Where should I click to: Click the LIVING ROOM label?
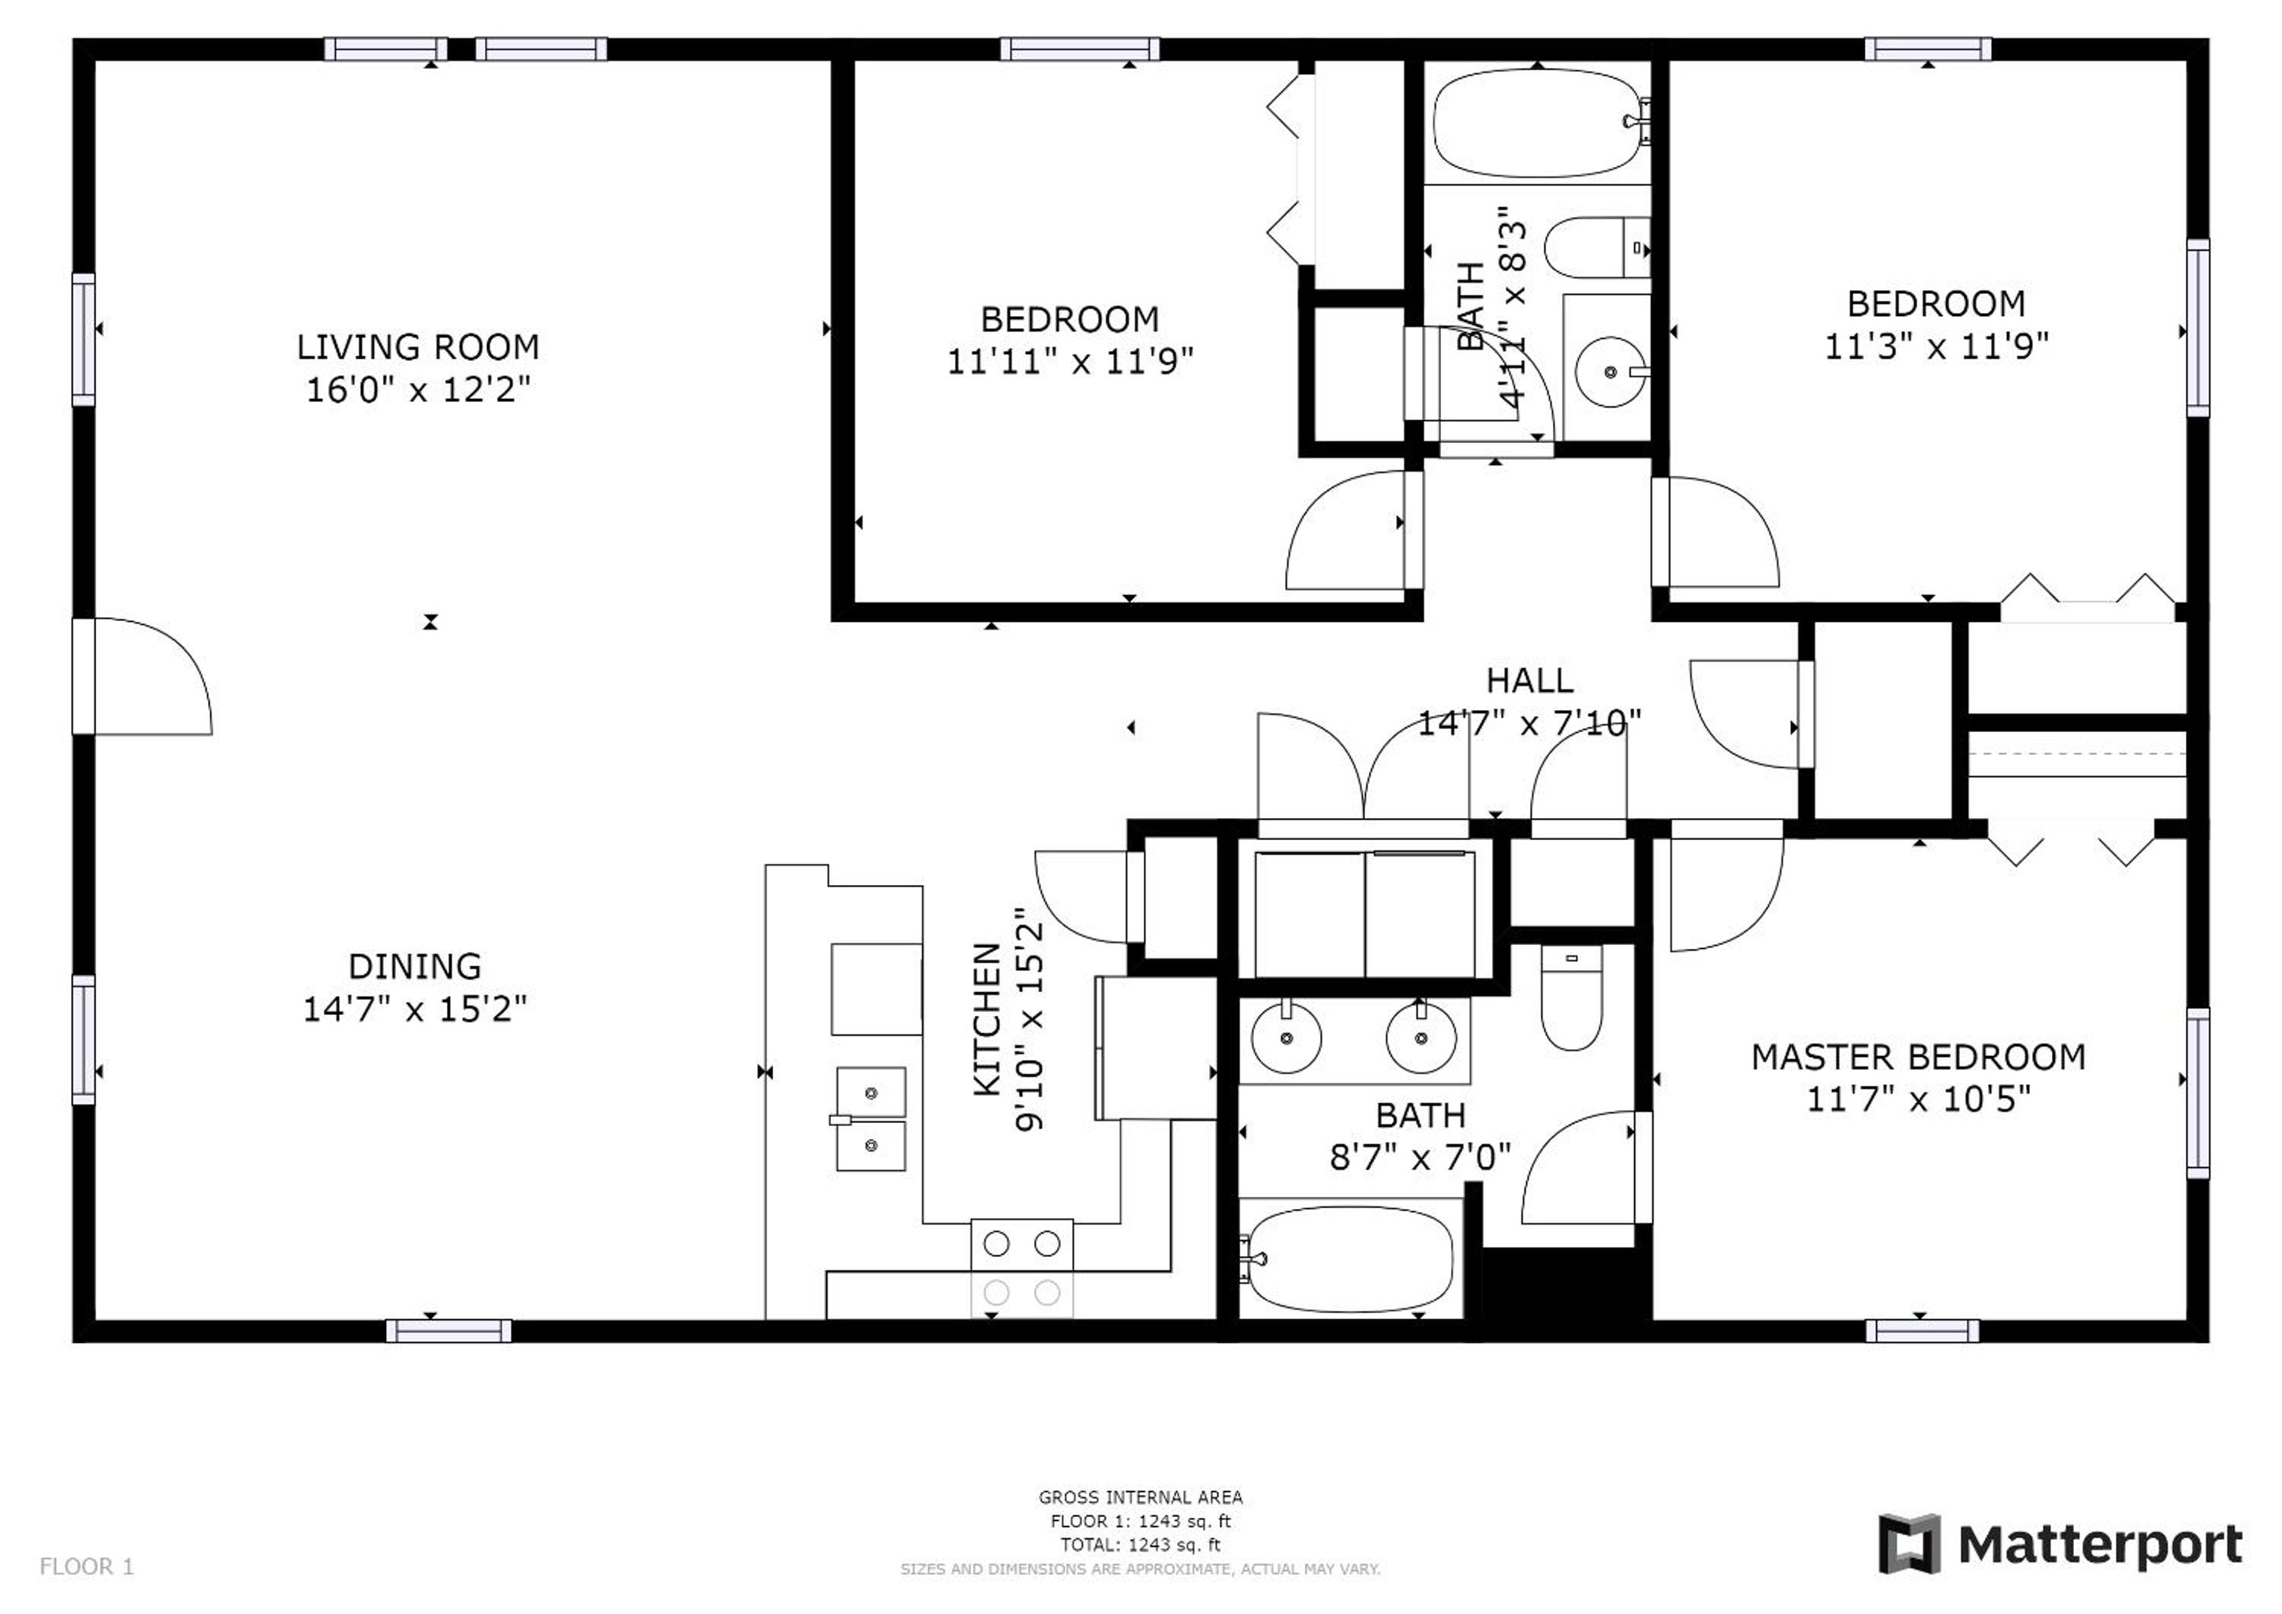(418, 347)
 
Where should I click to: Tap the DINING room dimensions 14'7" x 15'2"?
(415, 1009)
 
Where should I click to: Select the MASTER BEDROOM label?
(1919, 1058)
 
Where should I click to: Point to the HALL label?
(1531, 681)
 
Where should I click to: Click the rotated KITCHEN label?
(986, 1020)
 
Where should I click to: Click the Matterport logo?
(2061, 1545)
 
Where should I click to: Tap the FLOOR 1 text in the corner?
(87, 1568)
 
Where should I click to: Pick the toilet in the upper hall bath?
(1596, 247)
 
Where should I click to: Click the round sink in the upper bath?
(1610, 373)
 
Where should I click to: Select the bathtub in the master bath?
(1353, 1259)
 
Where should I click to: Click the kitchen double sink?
(871, 1119)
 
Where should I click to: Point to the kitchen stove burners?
(1022, 1268)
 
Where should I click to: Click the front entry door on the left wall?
(142, 676)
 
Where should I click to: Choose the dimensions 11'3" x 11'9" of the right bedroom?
(1936, 346)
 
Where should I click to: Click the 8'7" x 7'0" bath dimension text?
(1420, 1157)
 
